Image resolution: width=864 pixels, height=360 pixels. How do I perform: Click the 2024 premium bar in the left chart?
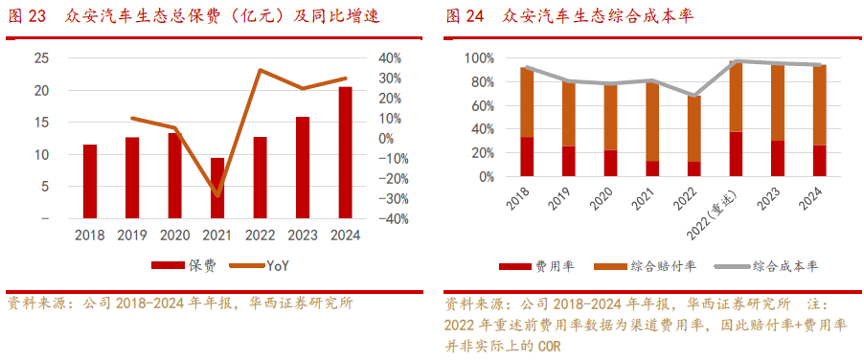tap(345, 153)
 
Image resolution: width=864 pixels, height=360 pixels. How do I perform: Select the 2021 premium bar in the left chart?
tap(217, 189)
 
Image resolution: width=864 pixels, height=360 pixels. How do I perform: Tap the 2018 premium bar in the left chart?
tap(90, 182)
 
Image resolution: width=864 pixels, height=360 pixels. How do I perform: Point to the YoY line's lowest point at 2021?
tap(217, 195)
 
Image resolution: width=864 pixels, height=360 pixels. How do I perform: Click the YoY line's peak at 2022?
tap(261, 70)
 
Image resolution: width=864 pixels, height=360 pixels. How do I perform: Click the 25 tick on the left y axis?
tap(40, 58)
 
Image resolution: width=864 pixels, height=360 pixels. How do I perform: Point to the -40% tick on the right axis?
tap(395, 219)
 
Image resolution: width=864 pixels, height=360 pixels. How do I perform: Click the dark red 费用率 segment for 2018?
tap(527, 157)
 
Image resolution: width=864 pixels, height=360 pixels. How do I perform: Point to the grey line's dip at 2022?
tap(693, 96)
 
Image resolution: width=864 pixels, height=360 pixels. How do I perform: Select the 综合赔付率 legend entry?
tap(651, 265)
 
